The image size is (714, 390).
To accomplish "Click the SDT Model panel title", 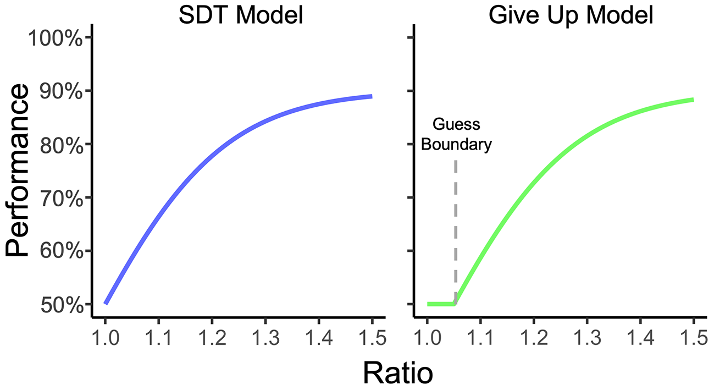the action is pyautogui.click(x=241, y=15).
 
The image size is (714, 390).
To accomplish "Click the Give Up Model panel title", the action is pyautogui.click(x=571, y=15).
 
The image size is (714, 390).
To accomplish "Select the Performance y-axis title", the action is pyautogui.click(x=17, y=170).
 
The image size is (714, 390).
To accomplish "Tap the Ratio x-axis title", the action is pyautogui.click(x=398, y=373).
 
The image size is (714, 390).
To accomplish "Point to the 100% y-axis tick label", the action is pyautogui.click(x=56, y=39).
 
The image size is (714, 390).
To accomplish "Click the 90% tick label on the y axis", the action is pyautogui.click(x=61, y=91).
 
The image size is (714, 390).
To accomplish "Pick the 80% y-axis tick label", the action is pyautogui.click(x=61, y=145).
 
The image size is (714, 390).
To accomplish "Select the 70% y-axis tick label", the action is pyautogui.click(x=61, y=198).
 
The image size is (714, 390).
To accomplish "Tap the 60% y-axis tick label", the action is pyautogui.click(x=61, y=251).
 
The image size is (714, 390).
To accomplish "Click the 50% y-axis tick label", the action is pyautogui.click(x=61, y=305).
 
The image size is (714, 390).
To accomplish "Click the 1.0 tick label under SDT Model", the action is pyautogui.click(x=106, y=338).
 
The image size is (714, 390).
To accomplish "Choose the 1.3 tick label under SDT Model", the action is pyautogui.click(x=265, y=338).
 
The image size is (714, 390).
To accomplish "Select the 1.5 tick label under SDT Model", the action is pyautogui.click(x=372, y=338).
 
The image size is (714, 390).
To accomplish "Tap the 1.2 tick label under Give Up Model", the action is pyautogui.click(x=534, y=338).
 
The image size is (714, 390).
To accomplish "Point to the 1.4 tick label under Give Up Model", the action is pyautogui.click(x=640, y=338).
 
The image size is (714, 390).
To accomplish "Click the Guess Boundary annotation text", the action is pyautogui.click(x=456, y=134).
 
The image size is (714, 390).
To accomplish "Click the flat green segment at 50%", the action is pyautogui.click(x=441, y=304).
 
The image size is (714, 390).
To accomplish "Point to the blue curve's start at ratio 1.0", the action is pyautogui.click(x=106, y=303).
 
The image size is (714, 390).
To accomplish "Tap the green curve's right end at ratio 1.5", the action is pyautogui.click(x=693, y=100).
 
